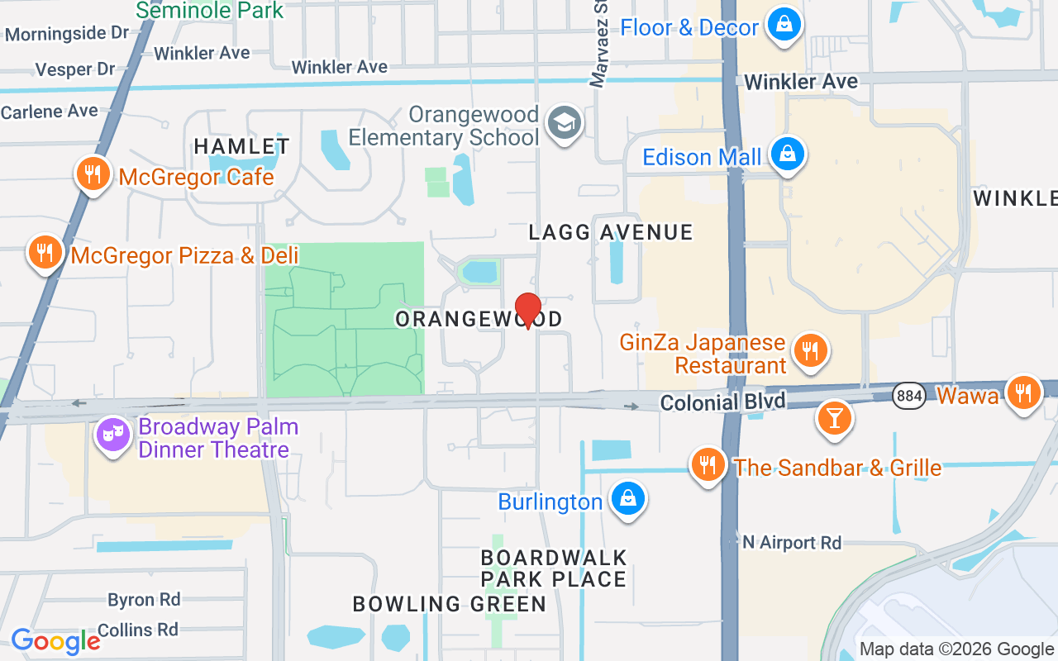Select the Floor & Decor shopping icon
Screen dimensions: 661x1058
pyautogui.click(x=782, y=25)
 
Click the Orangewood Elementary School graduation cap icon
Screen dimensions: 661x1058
pyautogui.click(x=565, y=123)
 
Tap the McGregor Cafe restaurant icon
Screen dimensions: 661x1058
pyautogui.click(x=93, y=174)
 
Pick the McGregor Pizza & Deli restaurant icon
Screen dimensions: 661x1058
pyautogui.click(x=45, y=253)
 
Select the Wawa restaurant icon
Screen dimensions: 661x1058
pyautogui.click(x=1023, y=392)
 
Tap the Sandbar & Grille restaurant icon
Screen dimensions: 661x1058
pyautogui.click(x=708, y=465)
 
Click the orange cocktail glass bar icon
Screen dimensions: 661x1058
pyautogui.click(x=834, y=418)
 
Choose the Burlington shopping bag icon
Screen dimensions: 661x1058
pyautogui.click(x=628, y=499)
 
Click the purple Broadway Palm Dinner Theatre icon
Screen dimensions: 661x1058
pyautogui.click(x=112, y=435)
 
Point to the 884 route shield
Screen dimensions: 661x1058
pyautogui.click(x=909, y=397)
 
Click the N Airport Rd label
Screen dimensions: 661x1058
pyautogui.click(x=792, y=543)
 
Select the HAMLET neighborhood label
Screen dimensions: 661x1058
pyautogui.click(x=241, y=147)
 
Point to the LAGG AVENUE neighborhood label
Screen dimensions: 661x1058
pyautogui.click(x=611, y=232)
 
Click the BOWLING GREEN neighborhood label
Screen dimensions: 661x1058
pyautogui.click(x=450, y=604)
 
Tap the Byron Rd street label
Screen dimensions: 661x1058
pyautogui.click(x=144, y=599)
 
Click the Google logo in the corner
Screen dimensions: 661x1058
pyautogui.click(x=55, y=641)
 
